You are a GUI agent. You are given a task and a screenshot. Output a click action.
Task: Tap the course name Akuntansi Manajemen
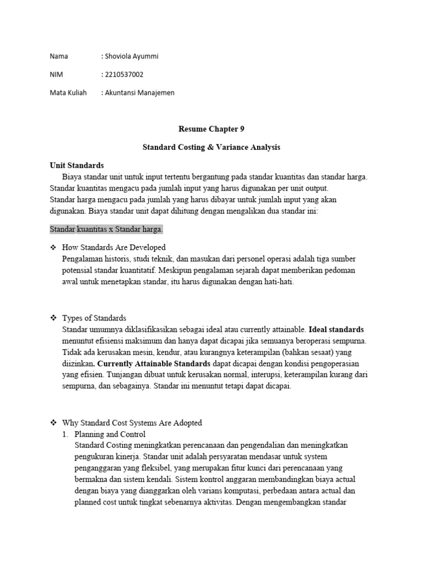tap(140, 93)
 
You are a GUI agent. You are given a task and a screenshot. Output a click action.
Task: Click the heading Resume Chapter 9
tap(211, 129)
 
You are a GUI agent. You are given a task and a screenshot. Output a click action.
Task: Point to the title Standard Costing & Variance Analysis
tap(211, 148)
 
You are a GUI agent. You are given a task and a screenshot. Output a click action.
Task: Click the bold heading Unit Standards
tap(77, 165)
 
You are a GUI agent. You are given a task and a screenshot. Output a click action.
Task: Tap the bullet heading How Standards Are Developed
tap(114, 247)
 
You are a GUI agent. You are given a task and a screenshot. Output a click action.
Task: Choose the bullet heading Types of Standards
tap(94, 318)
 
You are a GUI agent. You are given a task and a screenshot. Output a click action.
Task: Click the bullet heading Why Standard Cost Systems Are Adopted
tap(132, 423)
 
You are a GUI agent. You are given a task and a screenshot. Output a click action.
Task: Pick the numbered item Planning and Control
tap(109, 434)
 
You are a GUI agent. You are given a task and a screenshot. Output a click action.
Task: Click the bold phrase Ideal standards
tap(337, 329)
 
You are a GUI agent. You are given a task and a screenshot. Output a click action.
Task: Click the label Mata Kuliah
tap(68, 93)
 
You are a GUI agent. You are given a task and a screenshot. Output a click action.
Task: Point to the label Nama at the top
tap(58, 56)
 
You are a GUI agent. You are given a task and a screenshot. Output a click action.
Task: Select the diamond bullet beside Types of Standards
tap(53, 318)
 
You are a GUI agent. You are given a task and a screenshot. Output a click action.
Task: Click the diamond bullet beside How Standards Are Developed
tap(53, 247)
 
